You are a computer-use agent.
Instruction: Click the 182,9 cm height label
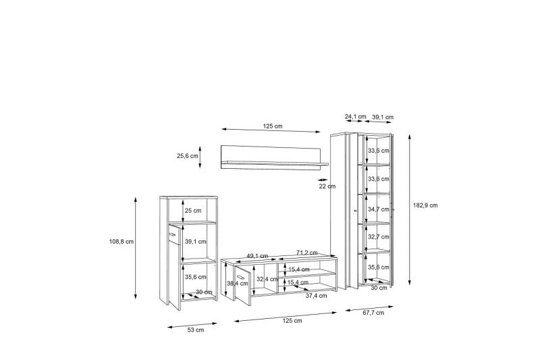[425, 205]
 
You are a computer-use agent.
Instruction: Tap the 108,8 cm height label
[122, 242]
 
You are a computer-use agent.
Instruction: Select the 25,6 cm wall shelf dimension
[188, 156]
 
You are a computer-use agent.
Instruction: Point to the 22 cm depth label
[327, 186]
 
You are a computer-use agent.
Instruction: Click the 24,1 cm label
[356, 116]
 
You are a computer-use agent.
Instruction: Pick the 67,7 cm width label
[373, 313]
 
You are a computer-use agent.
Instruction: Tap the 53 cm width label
[196, 330]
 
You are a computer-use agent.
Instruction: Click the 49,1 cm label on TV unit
[257, 256]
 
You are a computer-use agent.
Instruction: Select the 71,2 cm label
[307, 253]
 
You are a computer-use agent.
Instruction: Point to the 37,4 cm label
[317, 296]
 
